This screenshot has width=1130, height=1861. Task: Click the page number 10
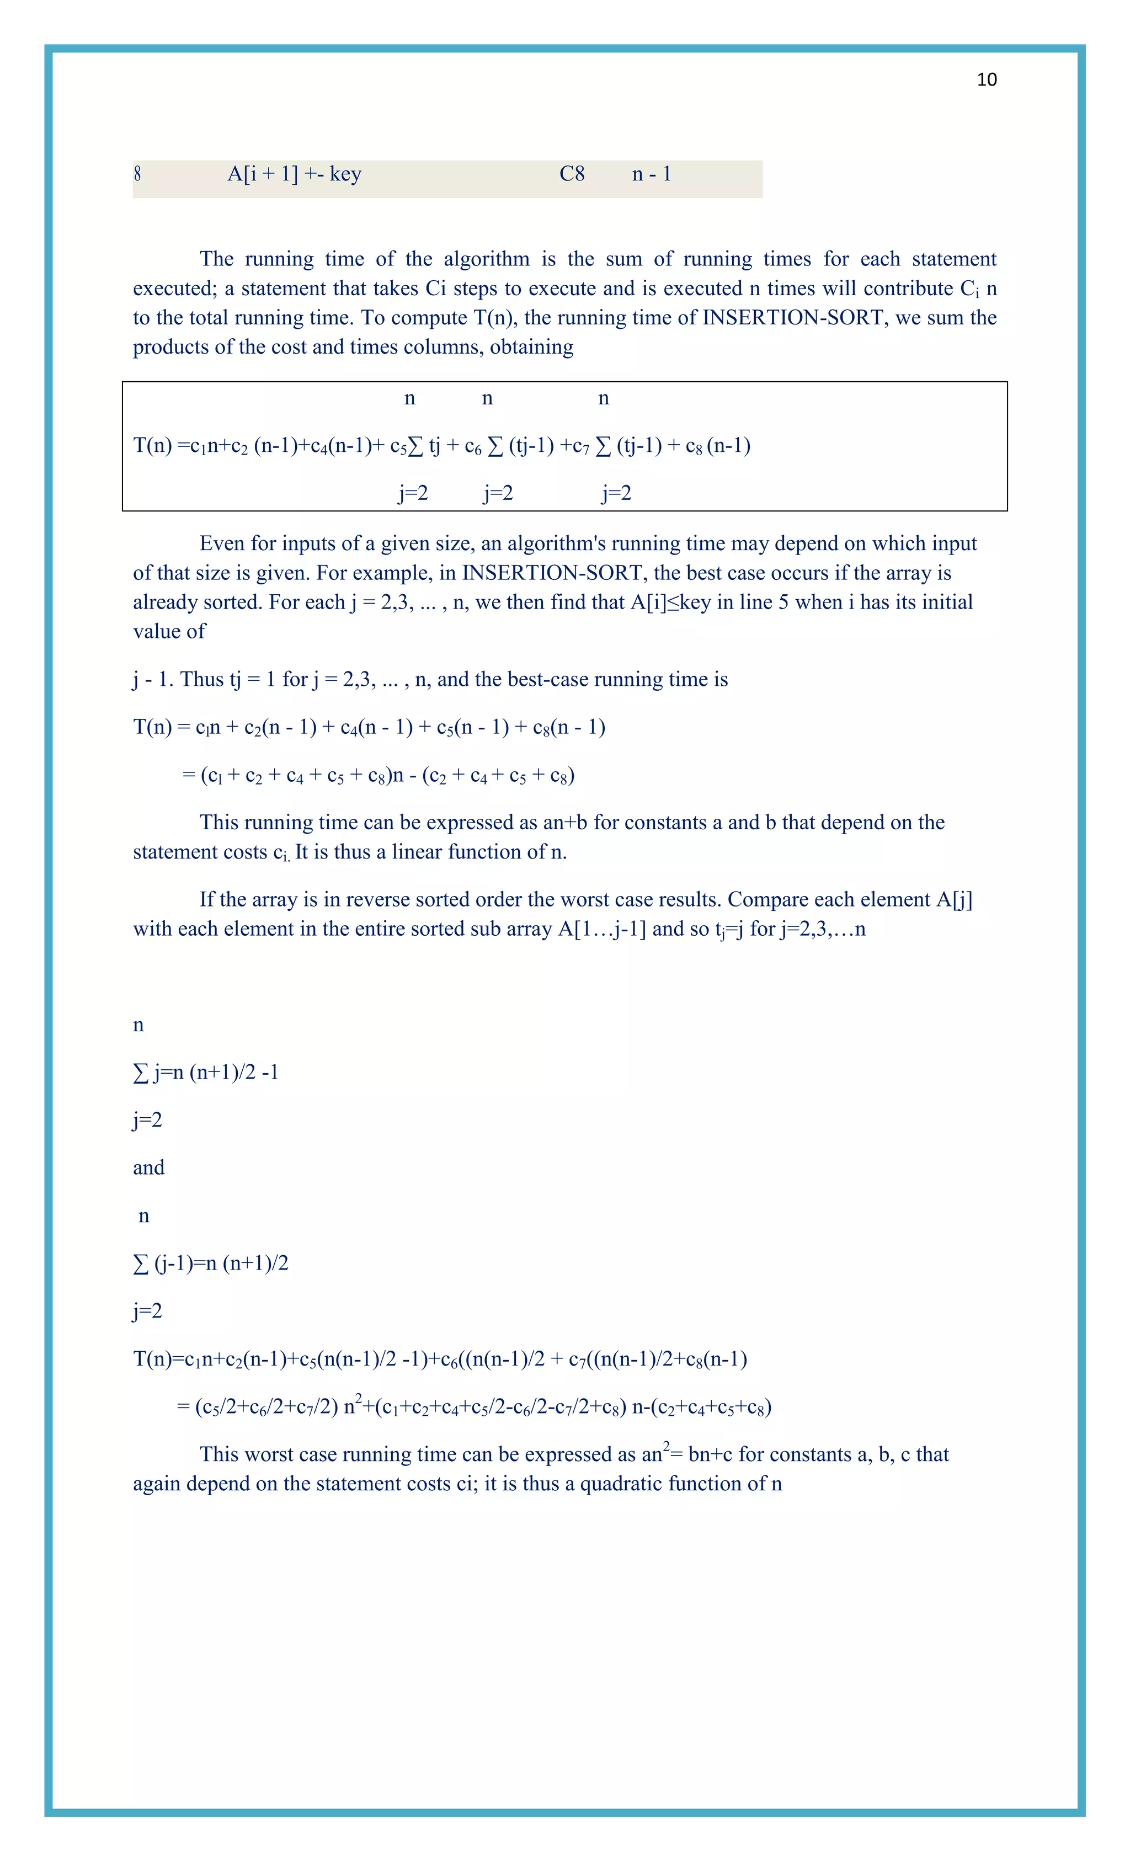click(987, 80)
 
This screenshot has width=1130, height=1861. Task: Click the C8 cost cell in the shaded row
click(572, 174)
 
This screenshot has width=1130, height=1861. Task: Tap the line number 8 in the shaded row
click(137, 174)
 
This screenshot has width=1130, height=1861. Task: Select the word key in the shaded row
click(345, 174)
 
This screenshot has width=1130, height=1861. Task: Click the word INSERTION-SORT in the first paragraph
click(792, 318)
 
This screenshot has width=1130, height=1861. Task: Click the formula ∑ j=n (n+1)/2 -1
click(205, 1073)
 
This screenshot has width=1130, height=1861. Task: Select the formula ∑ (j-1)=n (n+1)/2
click(211, 1263)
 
